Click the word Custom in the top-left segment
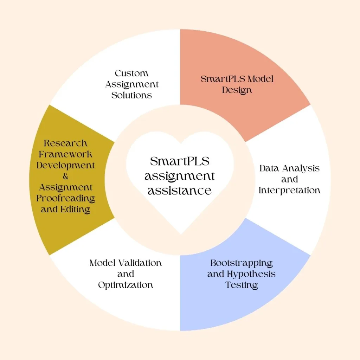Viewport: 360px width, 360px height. tap(131, 73)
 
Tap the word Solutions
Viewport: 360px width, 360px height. tap(131, 95)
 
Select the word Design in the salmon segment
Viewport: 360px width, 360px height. tap(237, 90)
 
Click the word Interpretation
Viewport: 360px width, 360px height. tap(289, 191)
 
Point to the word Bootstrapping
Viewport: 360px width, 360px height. tap(242, 263)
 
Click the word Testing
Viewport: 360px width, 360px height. tap(242, 285)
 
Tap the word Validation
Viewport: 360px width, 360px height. tap(140, 263)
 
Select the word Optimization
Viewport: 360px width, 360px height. tap(126, 285)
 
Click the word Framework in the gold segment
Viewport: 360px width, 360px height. tap(65, 154)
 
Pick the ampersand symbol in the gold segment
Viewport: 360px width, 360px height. tap(65, 176)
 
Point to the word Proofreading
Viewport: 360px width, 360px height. tap(65, 198)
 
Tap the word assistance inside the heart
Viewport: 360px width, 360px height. tap(180, 191)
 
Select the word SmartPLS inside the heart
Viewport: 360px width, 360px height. tap(180, 161)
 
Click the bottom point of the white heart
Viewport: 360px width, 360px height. tap(180, 233)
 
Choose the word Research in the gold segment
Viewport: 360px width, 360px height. tap(65, 143)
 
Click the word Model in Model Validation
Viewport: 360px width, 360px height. tap(102, 263)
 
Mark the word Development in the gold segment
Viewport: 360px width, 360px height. tap(65, 165)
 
